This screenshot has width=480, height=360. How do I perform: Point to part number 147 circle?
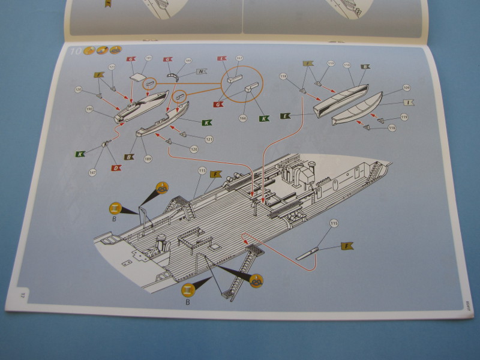pyautogui.click(x=92, y=173)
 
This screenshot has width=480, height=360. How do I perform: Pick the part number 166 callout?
pyautogui.click(x=242, y=118)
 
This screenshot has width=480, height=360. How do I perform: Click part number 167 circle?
pyautogui.click(x=239, y=58)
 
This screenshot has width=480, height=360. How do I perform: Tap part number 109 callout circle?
pyautogui.click(x=406, y=88)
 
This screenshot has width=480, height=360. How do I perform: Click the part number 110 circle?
pyautogui.click(x=346, y=65)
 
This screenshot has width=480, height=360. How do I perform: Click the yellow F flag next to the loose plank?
pyautogui.click(x=346, y=246)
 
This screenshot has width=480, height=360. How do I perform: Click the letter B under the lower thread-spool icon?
pyautogui.click(x=187, y=302)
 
